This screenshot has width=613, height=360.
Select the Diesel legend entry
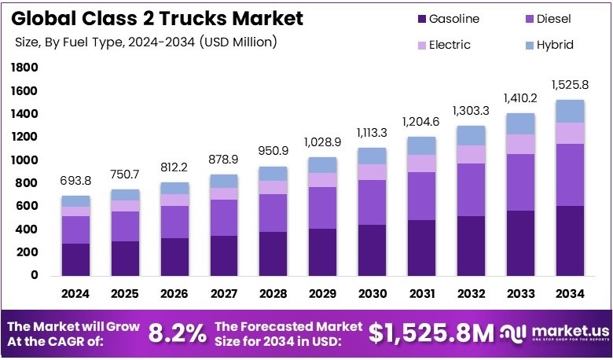click(x=551, y=18)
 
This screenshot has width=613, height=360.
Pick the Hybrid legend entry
click(x=550, y=45)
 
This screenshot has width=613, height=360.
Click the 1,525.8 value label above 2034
click(x=570, y=84)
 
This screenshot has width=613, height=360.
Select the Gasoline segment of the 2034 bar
click(x=570, y=241)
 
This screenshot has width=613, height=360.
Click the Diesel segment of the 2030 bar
click(x=373, y=202)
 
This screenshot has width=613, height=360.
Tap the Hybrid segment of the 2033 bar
click(x=520, y=123)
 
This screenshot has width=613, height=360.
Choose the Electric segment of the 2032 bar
click(x=471, y=154)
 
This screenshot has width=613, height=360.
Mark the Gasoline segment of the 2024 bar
click(x=76, y=259)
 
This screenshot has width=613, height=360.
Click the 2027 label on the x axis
click(x=224, y=294)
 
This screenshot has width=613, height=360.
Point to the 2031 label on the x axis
click(x=422, y=294)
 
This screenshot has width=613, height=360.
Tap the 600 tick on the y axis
click(x=29, y=207)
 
